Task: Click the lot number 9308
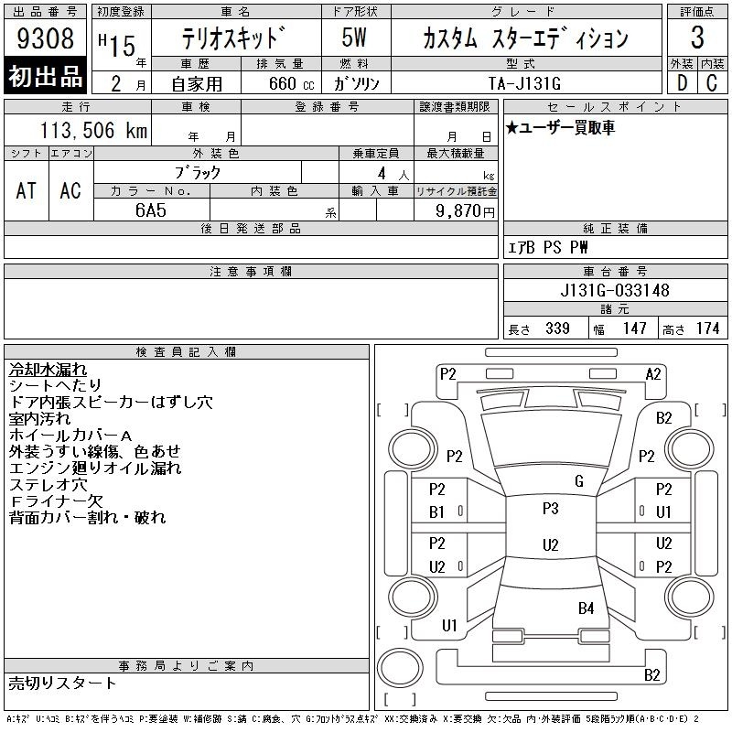pyautogui.click(x=45, y=38)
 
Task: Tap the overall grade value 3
pyautogui.click(x=697, y=38)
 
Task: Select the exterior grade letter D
pyautogui.click(x=682, y=83)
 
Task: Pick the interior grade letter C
pyautogui.click(x=712, y=83)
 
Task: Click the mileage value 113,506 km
pyautogui.click(x=93, y=130)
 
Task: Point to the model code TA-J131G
pyautogui.click(x=524, y=83)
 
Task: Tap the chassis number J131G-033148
pyautogui.click(x=615, y=290)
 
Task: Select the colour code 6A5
pyautogui.click(x=151, y=210)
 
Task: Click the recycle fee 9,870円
pyautogui.click(x=465, y=210)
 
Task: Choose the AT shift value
pyautogui.click(x=26, y=190)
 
